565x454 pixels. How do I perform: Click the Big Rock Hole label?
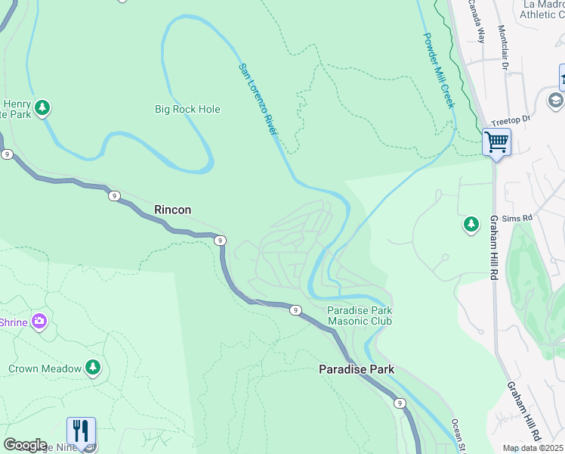click(187, 109)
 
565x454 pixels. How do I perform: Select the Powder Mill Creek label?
click(438, 70)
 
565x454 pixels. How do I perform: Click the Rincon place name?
click(172, 210)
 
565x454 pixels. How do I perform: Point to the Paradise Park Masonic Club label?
click(359, 316)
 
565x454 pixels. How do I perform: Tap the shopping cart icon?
click(497, 141)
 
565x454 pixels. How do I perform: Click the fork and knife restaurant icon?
click(81, 431)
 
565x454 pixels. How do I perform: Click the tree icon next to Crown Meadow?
click(93, 368)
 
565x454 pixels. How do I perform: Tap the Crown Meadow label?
click(45, 369)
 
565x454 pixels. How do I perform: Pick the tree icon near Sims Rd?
click(471, 224)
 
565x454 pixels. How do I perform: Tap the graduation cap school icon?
click(555, 101)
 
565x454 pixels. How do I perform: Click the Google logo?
click(25, 445)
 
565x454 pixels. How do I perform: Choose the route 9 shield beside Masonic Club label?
click(295, 309)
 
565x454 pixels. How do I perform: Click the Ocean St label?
click(458, 436)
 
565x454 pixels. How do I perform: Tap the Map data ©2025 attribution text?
click(533, 448)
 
